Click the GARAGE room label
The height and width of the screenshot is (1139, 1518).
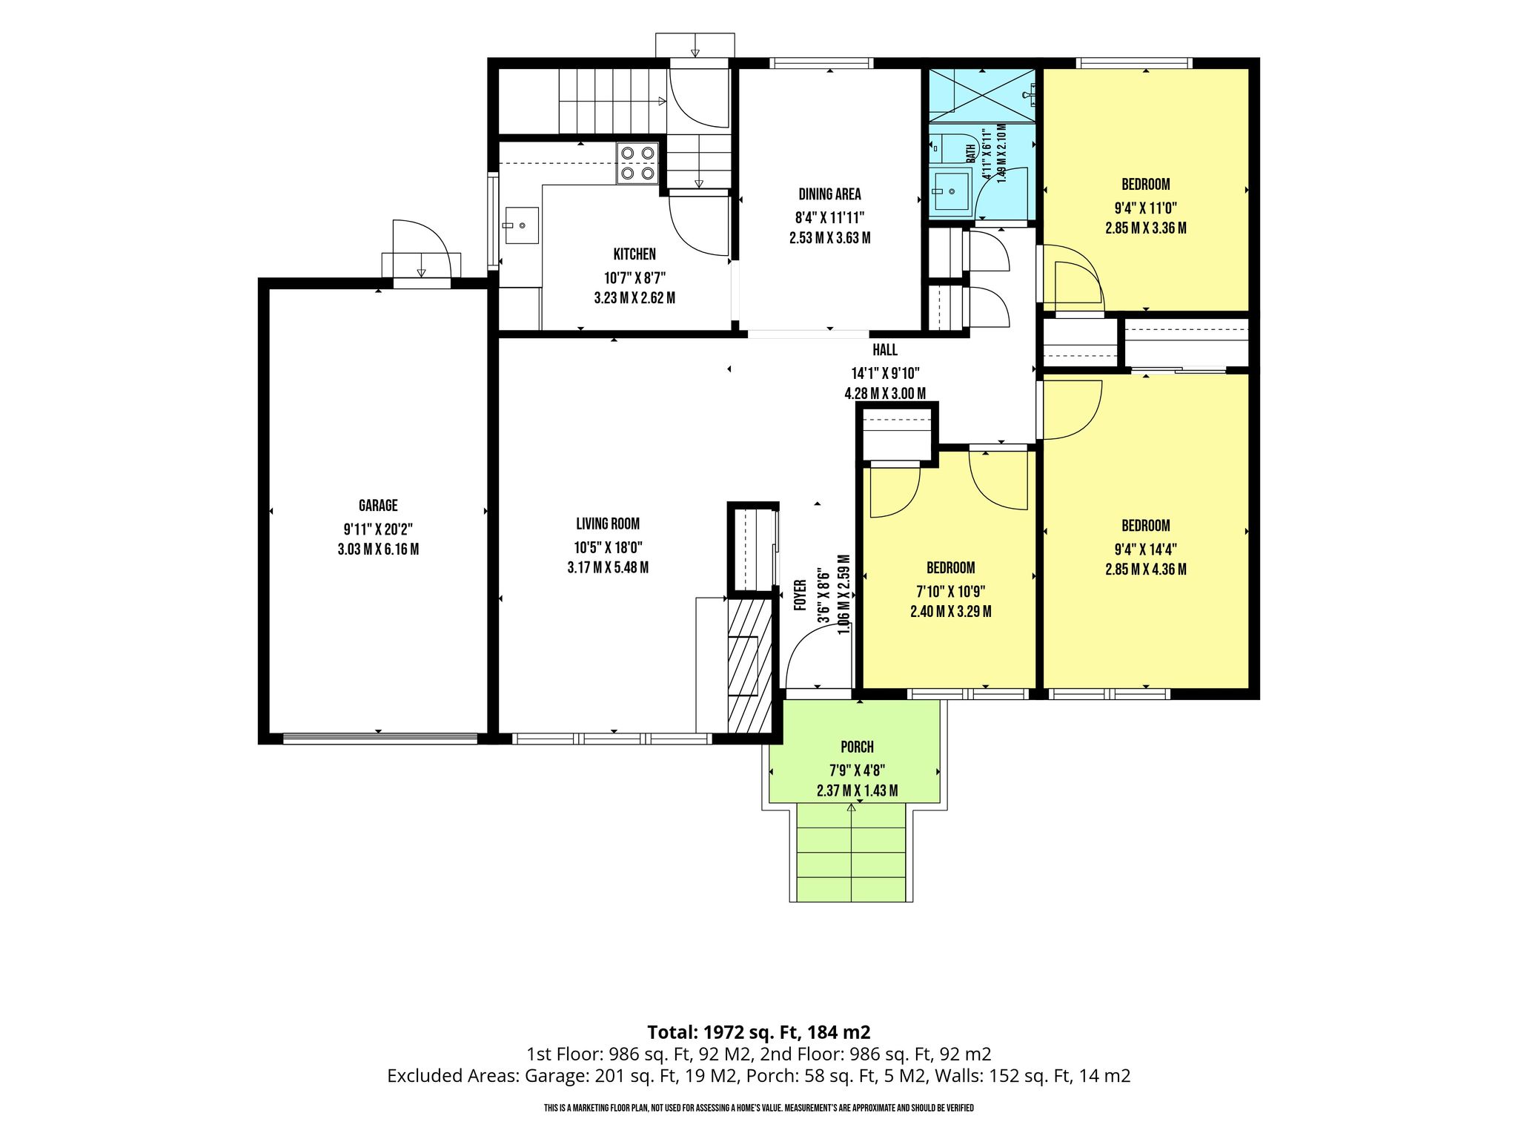click(x=378, y=506)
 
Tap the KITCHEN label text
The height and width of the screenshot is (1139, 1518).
click(x=634, y=254)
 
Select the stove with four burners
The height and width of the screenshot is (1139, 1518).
click(x=638, y=163)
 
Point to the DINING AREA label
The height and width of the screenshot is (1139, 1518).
click(x=829, y=194)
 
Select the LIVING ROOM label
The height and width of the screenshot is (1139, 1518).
click(x=608, y=524)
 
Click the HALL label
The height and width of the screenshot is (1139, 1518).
click(x=885, y=350)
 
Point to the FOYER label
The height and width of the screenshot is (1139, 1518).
click(x=800, y=595)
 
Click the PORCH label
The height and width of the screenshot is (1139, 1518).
click(x=857, y=747)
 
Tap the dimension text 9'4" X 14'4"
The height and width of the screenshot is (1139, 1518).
click(x=1146, y=549)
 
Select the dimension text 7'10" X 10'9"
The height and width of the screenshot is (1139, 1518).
click(x=951, y=592)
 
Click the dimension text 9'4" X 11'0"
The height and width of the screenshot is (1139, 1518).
click(x=1146, y=208)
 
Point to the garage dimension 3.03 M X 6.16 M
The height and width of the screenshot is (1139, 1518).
click(x=378, y=549)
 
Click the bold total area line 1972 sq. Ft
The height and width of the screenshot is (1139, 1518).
click(x=759, y=1032)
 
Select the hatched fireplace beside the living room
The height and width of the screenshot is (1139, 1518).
click(x=750, y=667)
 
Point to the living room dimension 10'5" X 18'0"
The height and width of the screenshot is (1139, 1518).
click(x=608, y=547)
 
